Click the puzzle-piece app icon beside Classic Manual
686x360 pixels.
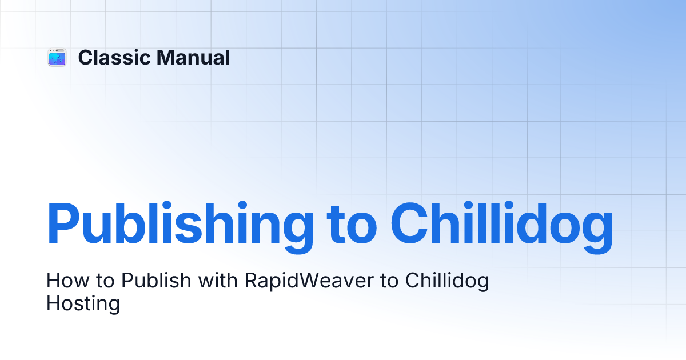[57, 57]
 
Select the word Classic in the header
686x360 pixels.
[114, 58]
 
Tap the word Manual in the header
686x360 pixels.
[193, 58]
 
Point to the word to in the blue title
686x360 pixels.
[352, 226]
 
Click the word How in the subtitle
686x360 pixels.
[67, 281]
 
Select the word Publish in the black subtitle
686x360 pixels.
[156, 281]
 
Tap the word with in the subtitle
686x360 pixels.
[218, 281]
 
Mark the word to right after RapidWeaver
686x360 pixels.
[389, 281]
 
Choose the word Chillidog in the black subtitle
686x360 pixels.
[447, 282]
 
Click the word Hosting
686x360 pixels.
[83, 303]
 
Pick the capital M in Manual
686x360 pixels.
[166, 58]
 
